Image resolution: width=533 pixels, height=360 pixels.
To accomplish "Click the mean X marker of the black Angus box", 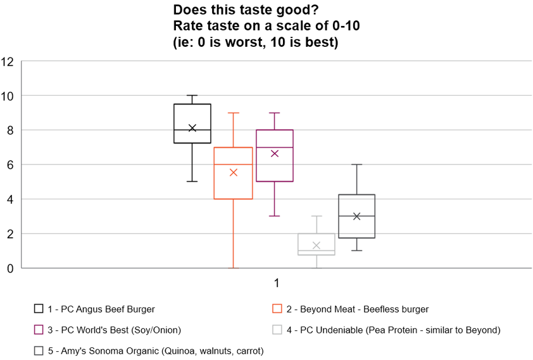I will (x=192, y=128).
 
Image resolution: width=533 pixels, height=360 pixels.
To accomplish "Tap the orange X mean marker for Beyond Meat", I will (x=233, y=172).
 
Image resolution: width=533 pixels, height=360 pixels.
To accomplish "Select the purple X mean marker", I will (x=274, y=153).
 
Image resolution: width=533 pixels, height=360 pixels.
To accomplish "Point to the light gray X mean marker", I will (x=316, y=245).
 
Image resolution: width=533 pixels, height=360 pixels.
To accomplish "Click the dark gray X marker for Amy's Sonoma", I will (x=356, y=216).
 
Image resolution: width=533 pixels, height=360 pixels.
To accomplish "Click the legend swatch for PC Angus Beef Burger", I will (x=39, y=309).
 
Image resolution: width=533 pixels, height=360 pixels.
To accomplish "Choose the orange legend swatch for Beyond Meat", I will (x=277, y=309).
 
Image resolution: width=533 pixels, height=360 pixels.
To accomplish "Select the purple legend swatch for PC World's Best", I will (x=39, y=330).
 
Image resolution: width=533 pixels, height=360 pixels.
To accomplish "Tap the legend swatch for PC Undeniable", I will (x=277, y=330).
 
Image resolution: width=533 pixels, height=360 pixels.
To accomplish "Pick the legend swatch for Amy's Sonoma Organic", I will (x=39, y=350).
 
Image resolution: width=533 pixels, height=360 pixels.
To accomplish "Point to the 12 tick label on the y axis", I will (x=8, y=62).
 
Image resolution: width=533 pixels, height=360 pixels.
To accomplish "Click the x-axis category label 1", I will (x=277, y=282).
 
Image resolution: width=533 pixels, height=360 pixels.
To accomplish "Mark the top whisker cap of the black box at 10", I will (x=192, y=96).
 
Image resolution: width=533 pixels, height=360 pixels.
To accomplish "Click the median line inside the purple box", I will (x=274, y=147).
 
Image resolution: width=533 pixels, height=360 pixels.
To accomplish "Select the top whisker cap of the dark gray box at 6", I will (x=356, y=164).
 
